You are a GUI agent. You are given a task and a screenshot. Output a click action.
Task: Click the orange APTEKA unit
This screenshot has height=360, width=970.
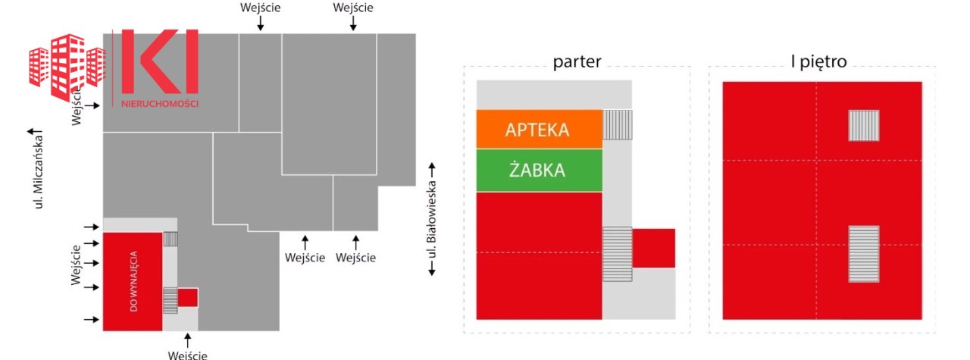539,129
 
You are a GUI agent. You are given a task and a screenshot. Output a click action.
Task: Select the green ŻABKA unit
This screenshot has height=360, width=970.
539,171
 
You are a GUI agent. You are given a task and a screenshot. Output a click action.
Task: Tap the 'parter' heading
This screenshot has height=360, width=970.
577,62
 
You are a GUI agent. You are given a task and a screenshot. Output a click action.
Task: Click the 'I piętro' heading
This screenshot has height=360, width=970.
818,61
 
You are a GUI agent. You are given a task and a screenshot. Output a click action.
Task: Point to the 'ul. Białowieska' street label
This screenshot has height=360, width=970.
431,219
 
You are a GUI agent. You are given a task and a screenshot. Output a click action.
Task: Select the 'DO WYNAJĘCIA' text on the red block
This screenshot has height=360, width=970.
133,281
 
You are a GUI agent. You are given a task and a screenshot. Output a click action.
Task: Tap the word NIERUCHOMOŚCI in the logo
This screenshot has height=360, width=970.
160,104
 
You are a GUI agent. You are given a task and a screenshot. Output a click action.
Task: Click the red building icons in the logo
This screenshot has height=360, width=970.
67,67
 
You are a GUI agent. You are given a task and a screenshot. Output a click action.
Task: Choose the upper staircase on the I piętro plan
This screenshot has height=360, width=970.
863,126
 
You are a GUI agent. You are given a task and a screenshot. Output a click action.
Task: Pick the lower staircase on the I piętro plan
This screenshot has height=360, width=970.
863,254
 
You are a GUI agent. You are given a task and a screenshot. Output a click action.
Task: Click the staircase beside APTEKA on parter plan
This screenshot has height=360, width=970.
617,125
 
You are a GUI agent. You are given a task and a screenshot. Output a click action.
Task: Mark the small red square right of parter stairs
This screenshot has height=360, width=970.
653,249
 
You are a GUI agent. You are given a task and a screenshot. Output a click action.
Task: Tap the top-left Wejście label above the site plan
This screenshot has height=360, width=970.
260,8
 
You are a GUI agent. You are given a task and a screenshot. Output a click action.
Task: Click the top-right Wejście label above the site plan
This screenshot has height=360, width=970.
353,8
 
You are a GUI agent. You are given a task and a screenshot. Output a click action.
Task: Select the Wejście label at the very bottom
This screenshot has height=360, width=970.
187,355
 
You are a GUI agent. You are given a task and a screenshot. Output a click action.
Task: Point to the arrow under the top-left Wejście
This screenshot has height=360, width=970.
260,23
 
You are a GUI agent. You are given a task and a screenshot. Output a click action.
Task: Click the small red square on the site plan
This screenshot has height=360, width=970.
187,298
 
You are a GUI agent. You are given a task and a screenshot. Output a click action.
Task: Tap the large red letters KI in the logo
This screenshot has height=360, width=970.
160,61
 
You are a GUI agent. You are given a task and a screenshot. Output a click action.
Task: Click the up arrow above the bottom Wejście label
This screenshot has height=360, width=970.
187,340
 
